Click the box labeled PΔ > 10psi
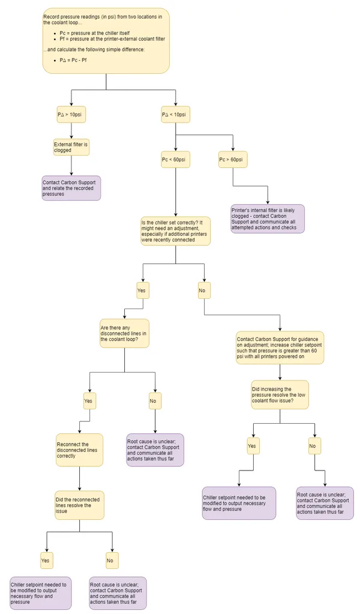pyautogui.click(x=71, y=114)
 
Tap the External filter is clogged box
pyautogui.click(x=71, y=147)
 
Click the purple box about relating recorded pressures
pyautogui.click(x=71, y=188)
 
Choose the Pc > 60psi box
pyautogui.click(x=233, y=160)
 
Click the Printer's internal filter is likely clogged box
pyautogui.click(x=268, y=219)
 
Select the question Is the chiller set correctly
pyautogui.click(x=175, y=230)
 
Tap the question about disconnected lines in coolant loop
pyautogui.click(x=124, y=333)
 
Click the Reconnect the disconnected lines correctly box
pyautogui.click(x=79, y=450)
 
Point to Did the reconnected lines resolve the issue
pyautogui.click(x=79, y=505)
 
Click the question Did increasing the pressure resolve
pyautogui.click(x=280, y=395)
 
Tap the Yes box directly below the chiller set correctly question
pyautogui.click(x=142, y=291)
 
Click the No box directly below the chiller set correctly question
pyautogui.click(x=204, y=291)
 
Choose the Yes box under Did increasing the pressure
pyautogui.click(x=253, y=446)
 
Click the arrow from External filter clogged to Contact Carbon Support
pyautogui.click(x=71, y=166)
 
